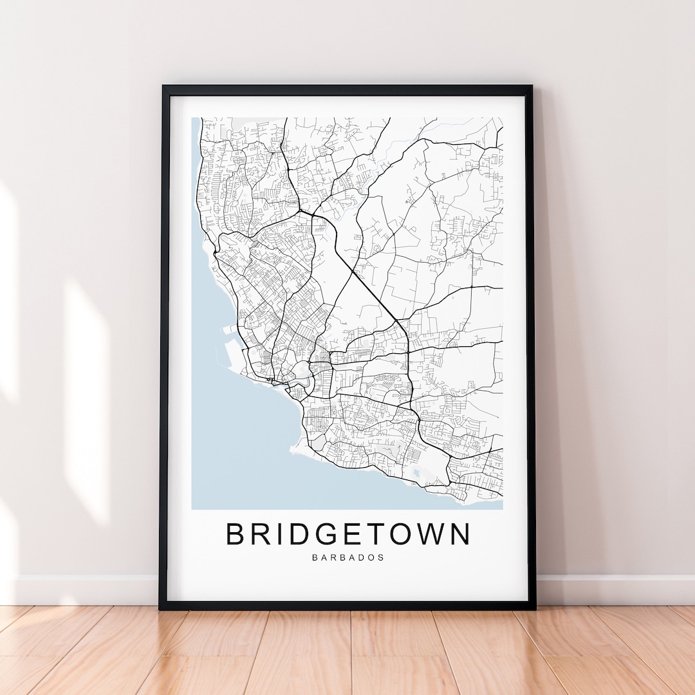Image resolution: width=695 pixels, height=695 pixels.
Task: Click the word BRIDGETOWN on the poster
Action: [x=348, y=534]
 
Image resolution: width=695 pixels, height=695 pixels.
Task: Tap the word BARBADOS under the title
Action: [x=348, y=557]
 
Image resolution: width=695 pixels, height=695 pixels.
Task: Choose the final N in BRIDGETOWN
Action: [x=459, y=534]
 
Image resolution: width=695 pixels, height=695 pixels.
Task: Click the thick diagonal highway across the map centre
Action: [x=360, y=270]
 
